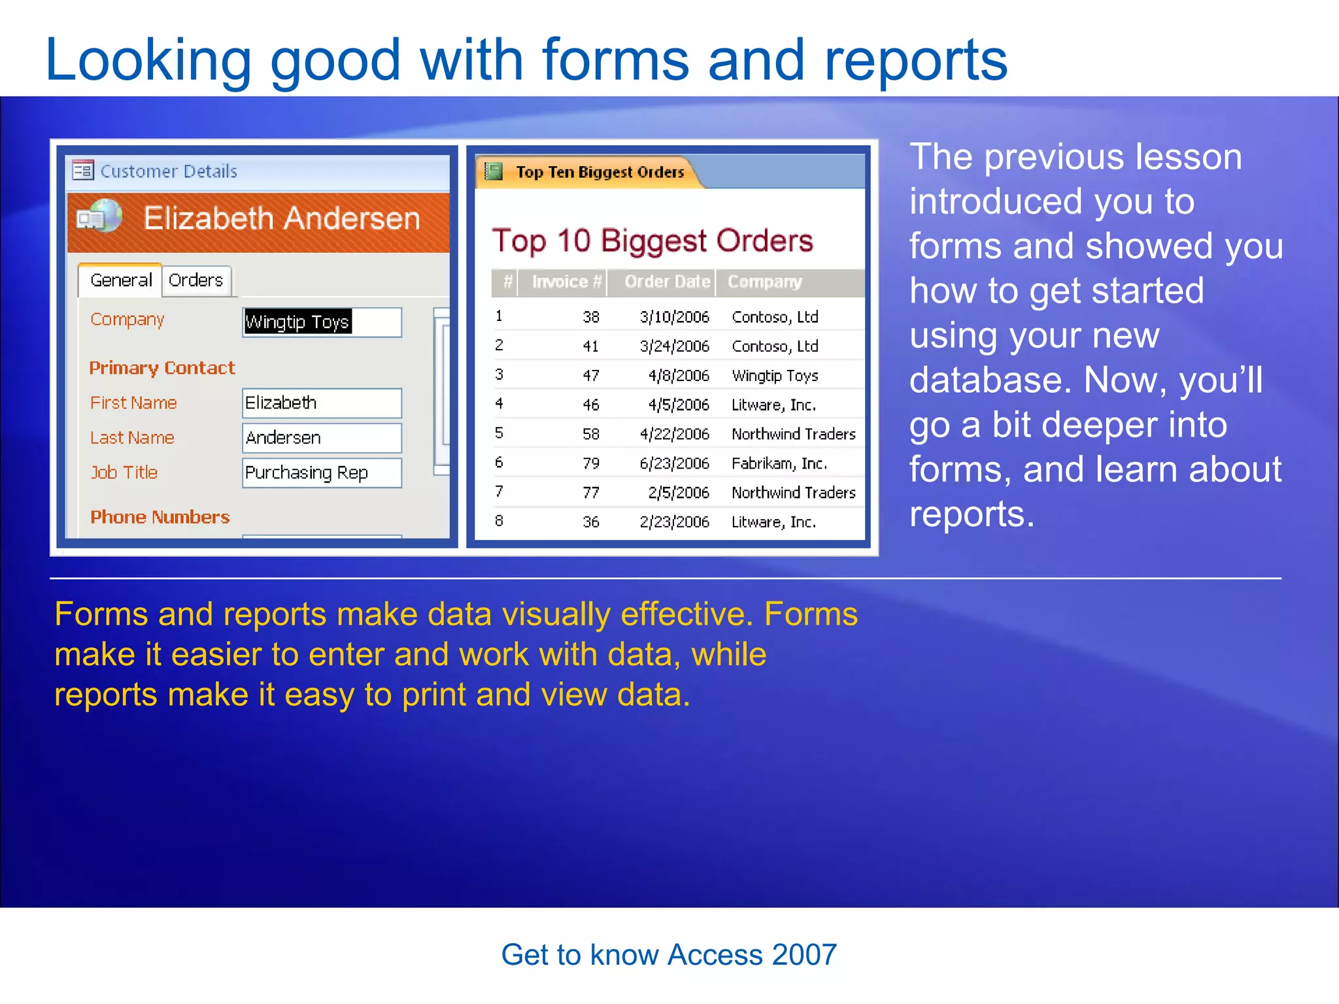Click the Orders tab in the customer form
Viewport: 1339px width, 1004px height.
coord(195,280)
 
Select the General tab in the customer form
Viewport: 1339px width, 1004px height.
coord(121,280)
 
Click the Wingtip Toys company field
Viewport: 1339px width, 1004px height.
coord(321,322)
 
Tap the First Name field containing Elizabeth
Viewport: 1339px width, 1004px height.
coord(321,403)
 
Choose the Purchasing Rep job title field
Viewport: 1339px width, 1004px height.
coord(321,473)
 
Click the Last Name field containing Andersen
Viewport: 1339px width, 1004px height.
coord(321,438)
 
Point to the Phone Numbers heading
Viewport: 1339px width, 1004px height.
coord(160,517)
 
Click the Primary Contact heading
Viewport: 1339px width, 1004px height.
coord(162,368)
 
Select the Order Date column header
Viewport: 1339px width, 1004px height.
coord(666,282)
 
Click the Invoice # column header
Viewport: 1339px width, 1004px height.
coord(566,282)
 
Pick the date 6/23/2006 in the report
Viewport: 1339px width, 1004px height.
coord(674,463)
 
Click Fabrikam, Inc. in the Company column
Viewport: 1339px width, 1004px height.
coord(779,463)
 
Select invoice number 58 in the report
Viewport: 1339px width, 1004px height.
coord(590,434)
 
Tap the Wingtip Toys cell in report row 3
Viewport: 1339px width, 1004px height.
coord(775,376)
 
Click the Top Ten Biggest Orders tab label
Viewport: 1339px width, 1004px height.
coord(600,172)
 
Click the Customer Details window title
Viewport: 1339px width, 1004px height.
coord(168,171)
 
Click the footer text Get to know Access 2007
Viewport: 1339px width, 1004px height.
coord(669,955)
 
